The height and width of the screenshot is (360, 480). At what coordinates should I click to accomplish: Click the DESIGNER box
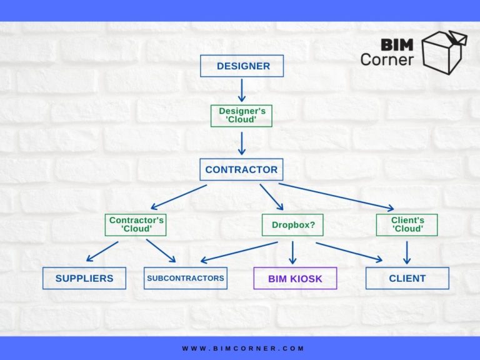point(241,66)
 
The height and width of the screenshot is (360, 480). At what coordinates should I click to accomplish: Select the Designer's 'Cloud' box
point(241,115)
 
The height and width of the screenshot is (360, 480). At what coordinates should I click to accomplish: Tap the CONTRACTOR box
point(241,169)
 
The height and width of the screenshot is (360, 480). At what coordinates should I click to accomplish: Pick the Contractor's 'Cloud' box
point(136,225)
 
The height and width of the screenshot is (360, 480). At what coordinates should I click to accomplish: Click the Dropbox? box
point(293,225)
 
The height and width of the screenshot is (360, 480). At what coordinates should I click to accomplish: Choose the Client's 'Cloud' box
point(407,225)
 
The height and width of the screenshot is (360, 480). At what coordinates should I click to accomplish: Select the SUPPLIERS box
point(84,278)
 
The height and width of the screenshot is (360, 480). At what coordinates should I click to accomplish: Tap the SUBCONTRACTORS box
point(185,278)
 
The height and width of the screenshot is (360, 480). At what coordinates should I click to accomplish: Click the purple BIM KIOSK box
point(295,278)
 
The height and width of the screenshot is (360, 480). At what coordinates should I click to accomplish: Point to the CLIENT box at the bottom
point(407,278)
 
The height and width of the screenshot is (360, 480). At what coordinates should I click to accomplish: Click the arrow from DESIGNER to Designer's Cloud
point(242,90)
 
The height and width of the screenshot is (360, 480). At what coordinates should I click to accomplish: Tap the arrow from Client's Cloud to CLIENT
point(407,252)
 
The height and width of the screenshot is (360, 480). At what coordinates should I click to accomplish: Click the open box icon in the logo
point(444,51)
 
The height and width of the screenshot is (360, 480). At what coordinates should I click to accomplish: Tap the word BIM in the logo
point(396,45)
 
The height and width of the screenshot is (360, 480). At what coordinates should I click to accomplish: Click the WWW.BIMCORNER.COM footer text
point(243,348)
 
